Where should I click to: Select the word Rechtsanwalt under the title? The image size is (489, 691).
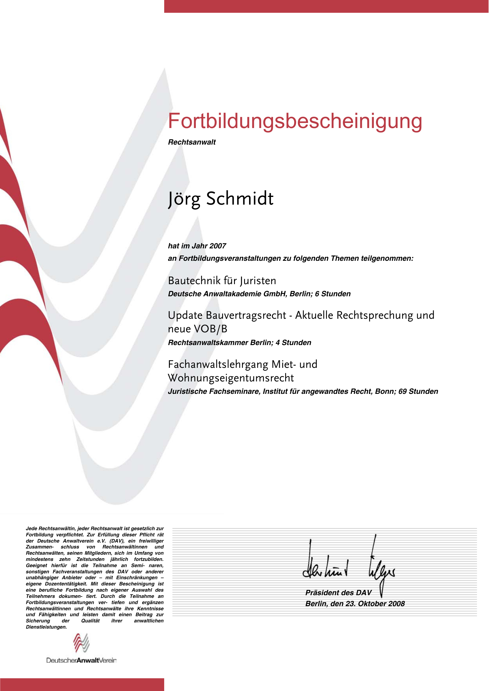tap(192, 142)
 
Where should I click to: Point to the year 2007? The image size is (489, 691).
tap(218, 246)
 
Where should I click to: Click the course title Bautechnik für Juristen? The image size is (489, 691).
tap(222, 281)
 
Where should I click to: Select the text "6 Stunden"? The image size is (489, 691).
tap(333, 294)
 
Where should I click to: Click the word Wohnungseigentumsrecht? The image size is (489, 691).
tap(231, 378)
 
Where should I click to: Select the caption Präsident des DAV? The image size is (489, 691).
tap(338, 593)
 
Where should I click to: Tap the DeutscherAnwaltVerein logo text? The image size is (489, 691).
tap(81, 660)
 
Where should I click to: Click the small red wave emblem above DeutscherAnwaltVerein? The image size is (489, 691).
tap(81, 643)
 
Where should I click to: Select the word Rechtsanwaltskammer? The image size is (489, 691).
tap(208, 342)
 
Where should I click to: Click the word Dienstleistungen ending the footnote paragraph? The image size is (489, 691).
tap(46, 627)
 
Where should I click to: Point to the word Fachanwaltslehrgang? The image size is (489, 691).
tap(218, 365)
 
